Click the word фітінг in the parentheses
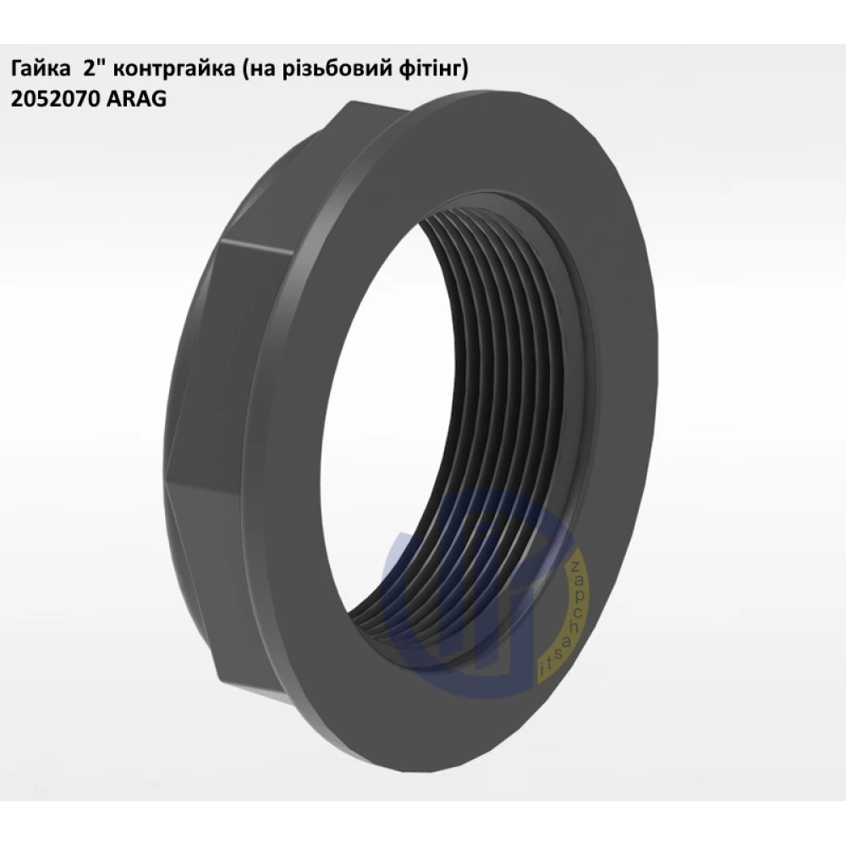423,71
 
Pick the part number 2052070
54,99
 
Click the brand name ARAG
136,99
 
